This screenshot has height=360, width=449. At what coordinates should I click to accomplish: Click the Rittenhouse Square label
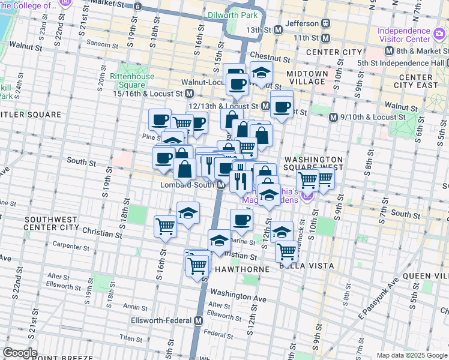pyautogui.click(x=132, y=80)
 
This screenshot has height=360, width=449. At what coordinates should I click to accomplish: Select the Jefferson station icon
pyautogui.click(x=326, y=23)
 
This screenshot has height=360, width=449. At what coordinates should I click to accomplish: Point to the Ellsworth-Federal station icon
pyautogui.click(x=197, y=320)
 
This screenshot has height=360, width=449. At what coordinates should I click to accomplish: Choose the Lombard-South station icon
pyautogui.click(x=221, y=185)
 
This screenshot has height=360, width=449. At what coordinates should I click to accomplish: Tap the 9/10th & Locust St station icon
pyautogui.click(x=333, y=117)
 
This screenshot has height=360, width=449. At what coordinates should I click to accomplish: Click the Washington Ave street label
pyautogui.click(x=238, y=296)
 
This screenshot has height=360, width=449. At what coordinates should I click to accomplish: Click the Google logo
pyautogui.click(x=20, y=353)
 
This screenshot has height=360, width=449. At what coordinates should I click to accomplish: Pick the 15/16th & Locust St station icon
pyautogui.click(x=189, y=94)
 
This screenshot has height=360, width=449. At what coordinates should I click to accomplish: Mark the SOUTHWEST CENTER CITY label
pyautogui.click(x=51, y=224)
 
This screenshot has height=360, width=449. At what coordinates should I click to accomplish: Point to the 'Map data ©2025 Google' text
pyautogui.click(x=412, y=355)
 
